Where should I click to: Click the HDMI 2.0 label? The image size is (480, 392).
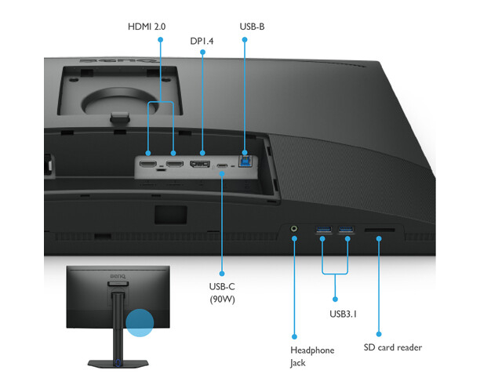click(147, 27)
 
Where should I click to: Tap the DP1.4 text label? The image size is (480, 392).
click(202, 41)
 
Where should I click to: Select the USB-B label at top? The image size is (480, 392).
click(252, 27)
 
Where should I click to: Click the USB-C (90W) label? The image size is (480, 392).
click(222, 293)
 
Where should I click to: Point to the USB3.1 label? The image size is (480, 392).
click(344, 314)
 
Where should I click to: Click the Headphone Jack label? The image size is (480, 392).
click(312, 356)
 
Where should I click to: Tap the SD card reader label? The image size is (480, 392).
click(393, 347)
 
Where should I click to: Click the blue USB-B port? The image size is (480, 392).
click(245, 162)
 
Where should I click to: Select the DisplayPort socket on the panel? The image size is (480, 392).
click(200, 164)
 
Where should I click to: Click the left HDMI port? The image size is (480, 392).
click(148, 164)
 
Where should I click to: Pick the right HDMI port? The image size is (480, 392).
click(175, 164)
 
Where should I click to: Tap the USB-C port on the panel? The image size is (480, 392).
click(222, 166)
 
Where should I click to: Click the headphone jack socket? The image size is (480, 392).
click(294, 229)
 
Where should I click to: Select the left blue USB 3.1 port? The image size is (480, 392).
click(324, 229)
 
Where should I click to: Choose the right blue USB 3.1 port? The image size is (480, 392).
click(346, 229)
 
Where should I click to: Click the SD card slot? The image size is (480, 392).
click(380, 230)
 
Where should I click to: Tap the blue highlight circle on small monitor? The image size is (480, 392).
click(140, 323)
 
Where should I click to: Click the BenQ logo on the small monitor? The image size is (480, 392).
click(118, 276)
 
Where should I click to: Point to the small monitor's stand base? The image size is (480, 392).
click(118, 364)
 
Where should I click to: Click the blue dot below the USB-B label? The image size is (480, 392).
click(245, 40)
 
